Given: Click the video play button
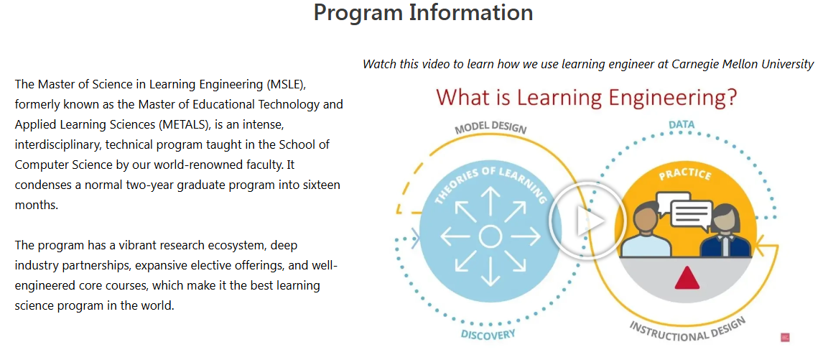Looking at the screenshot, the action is [x=587, y=220].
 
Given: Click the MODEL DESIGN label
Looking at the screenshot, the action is [x=490, y=126].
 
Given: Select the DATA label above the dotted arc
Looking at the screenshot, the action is [x=682, y=124].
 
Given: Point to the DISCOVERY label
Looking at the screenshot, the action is [x=488, y=334].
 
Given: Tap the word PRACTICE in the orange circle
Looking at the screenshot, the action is [x=686, y=174].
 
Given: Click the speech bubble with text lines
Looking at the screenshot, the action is [x=691, y=214].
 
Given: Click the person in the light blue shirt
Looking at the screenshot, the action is [x=646, y=231].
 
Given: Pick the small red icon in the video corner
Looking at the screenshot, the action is [x=785, y=338].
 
